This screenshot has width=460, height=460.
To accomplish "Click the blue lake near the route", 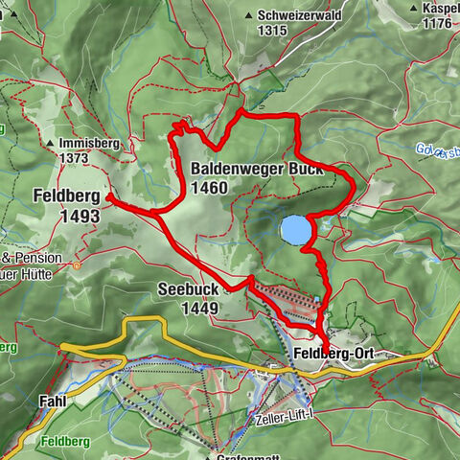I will point(295,230).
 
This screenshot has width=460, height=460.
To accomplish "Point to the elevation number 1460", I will point(209,188).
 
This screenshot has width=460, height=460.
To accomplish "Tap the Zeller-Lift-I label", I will point(286,420).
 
